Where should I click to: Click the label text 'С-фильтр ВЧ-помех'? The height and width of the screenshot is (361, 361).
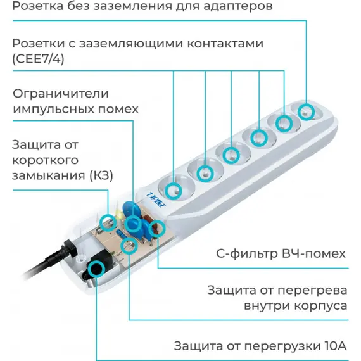coord(281,254)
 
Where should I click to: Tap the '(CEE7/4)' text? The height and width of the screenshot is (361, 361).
coord(38,59)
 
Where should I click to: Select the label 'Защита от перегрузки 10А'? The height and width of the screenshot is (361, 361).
coord(260,346)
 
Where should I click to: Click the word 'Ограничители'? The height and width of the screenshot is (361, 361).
coord(61,94)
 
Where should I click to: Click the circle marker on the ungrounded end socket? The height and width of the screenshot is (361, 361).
coord(306,111)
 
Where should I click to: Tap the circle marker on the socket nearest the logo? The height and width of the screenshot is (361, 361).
coord(173,191)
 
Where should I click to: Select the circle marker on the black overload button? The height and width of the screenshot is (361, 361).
coord(96,269)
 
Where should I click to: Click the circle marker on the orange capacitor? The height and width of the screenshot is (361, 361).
coord(157,228)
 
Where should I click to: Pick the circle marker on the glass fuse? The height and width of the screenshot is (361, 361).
coord(108,222)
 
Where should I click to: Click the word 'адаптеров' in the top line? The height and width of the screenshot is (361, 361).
coord(238,6)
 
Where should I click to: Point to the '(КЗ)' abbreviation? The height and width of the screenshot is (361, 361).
coord(101,175)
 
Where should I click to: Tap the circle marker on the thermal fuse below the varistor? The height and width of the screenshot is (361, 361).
coord(129,246)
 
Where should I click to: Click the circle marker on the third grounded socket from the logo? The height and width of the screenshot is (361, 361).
coord(231,155)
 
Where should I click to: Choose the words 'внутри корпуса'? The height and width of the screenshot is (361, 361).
coord(296,306)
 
